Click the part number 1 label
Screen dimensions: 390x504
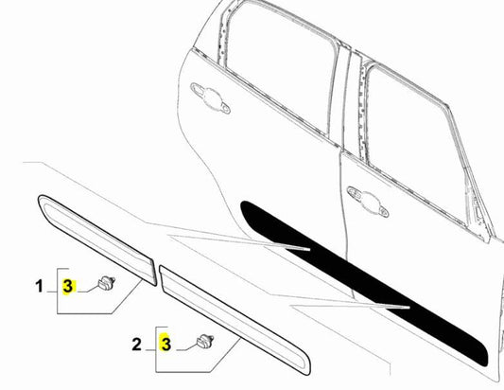39,284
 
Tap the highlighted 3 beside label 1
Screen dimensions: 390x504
67,285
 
